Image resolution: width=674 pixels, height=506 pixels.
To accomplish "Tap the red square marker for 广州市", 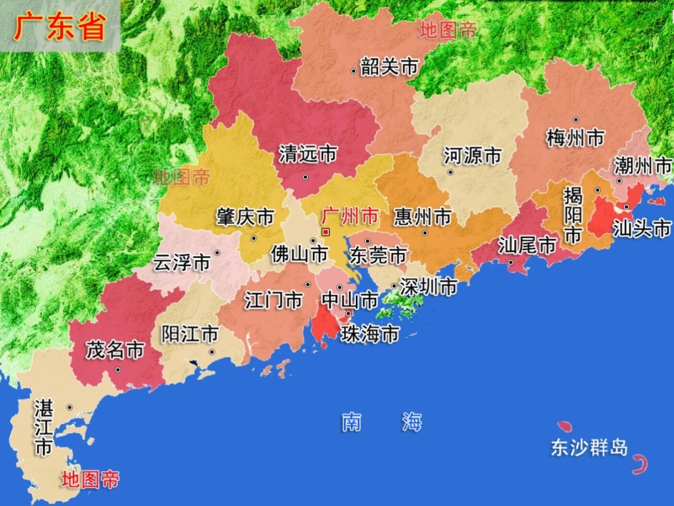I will click(326, 232).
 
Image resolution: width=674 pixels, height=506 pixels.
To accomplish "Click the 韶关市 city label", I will click(390, 67).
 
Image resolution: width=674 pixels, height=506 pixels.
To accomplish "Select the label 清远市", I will click(308, 154).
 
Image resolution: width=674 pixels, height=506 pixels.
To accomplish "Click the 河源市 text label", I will click(472, 156).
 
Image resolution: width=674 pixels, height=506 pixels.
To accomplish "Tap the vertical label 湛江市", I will click(43, 427).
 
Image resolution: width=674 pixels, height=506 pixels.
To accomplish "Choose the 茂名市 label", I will click(115, 350).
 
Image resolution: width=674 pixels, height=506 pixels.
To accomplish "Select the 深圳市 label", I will click(428, 287).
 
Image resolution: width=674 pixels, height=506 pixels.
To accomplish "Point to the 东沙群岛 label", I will click(589, 448).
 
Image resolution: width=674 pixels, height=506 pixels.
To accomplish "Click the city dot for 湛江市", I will click(70, 407).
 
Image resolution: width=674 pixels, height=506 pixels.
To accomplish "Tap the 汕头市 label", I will click(642, 229).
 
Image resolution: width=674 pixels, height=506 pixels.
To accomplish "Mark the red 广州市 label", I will click(350, 216).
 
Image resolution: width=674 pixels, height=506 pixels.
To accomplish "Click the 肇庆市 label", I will click(245, 217).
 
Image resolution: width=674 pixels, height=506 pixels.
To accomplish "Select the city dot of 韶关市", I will click(353, 71).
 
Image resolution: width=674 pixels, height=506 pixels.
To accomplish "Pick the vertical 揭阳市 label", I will click(573, 216).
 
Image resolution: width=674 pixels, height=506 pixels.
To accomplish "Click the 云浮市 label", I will click(181, 263).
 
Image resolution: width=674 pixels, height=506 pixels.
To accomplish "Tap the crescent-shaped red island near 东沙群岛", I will click(640, 464).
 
